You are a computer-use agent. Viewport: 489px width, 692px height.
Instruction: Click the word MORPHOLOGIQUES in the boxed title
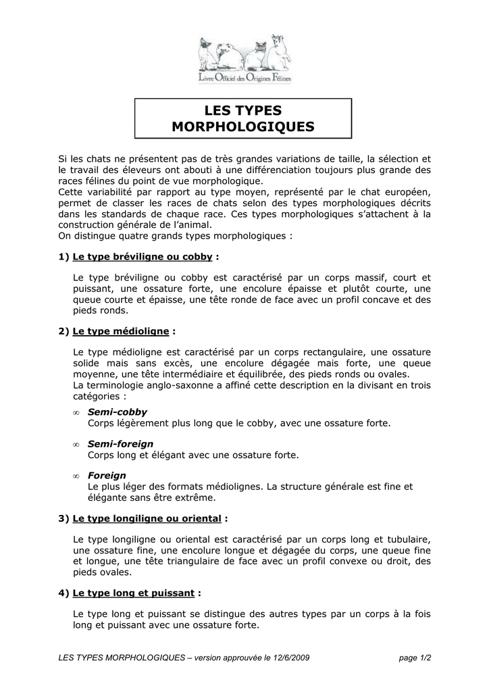click(x=243, y=126)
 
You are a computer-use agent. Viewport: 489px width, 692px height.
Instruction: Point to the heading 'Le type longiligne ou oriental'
click(x=147, y=518)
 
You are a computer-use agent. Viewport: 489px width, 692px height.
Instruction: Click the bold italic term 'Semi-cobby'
click(x=117, y=412)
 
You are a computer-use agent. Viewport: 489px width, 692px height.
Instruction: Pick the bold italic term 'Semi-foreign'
click(x=120, y=444)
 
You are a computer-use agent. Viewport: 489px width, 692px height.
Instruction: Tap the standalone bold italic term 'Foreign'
click(x=107, y=476)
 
